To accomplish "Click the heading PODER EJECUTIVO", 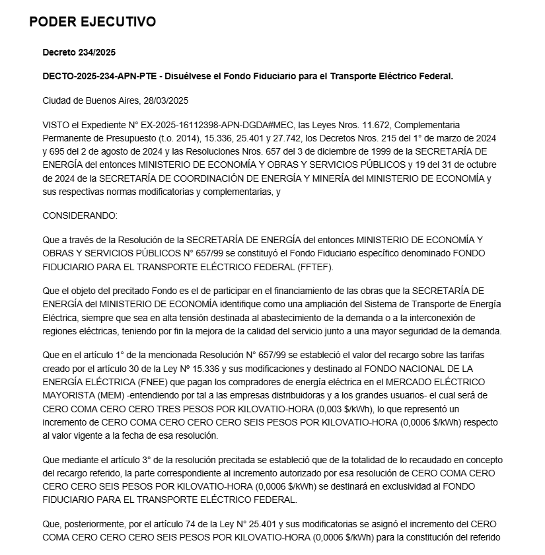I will [92, 22].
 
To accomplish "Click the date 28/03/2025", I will [166, 100].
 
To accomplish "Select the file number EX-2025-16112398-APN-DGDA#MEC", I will [222, 125].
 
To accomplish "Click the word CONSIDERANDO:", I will [79, 215].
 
